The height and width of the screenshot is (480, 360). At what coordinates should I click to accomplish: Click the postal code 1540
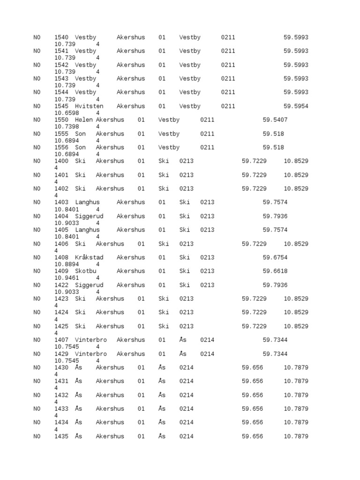click(x=61, y=37)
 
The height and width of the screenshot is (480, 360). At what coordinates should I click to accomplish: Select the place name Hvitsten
click(x=89, y=106)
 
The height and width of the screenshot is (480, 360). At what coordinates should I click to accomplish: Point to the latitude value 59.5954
click(x=296, y=106)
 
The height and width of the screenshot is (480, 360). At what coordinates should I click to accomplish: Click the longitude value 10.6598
click(x=67, y=113)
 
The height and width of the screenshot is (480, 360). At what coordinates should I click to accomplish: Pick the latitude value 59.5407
click(x=275, y=120)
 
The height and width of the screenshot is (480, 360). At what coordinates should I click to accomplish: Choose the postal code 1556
click(x=61, y=148)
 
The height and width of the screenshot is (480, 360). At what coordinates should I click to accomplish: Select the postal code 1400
click(x=61, y=161)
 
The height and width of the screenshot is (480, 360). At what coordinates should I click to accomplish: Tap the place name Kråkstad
click(x=89, y=257)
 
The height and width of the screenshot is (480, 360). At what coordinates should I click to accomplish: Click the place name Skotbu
click(x=87, y=271)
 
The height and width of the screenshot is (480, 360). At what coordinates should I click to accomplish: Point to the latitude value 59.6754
click(x=275, y=257)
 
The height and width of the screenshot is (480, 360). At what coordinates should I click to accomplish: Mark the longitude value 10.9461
click(x=67, y=278)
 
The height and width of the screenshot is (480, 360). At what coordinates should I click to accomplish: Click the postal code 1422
click(x=61, y=285)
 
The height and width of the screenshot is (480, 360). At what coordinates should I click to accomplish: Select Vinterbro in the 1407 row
click(x=91, y=340)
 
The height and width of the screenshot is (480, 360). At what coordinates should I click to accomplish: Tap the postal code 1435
click(x=61, y=436)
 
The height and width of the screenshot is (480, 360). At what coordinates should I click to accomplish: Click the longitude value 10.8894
click(x=67, y=264)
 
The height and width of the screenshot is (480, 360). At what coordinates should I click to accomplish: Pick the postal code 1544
click(x=61, y=92)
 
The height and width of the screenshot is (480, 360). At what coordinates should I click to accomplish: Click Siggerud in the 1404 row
click(x=89, y=216)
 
